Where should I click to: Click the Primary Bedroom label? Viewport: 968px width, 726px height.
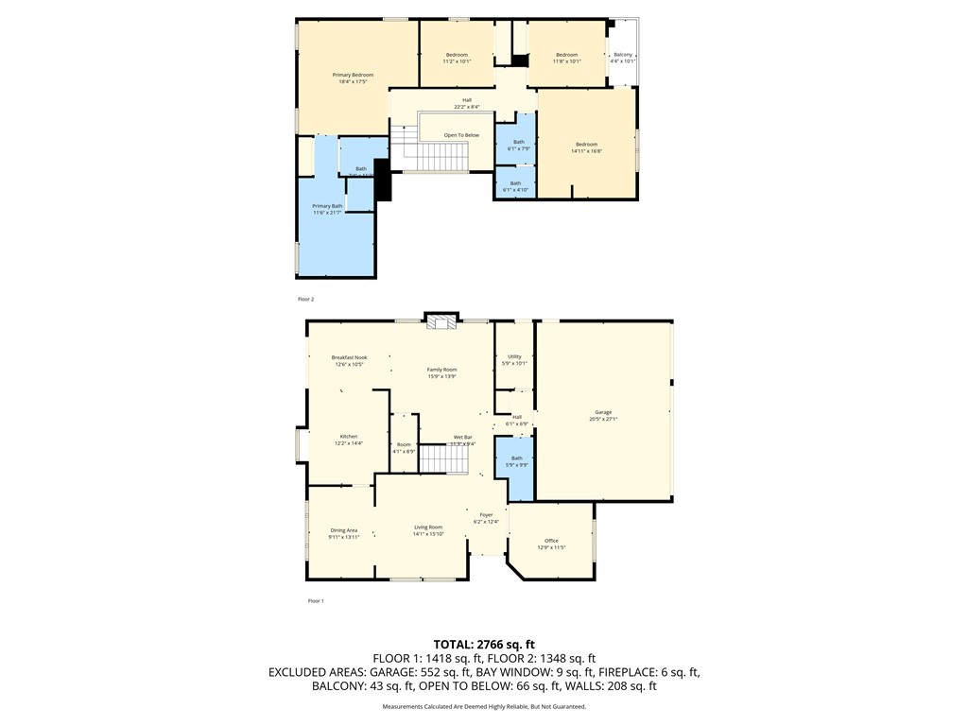pos(353,75)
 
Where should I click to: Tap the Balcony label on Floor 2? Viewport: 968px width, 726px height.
pos(623,55)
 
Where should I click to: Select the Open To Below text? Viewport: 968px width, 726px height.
pos(461,135)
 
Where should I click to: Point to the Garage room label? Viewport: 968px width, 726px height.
pos(603,412)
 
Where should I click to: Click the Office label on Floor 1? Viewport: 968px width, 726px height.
pos(551,541)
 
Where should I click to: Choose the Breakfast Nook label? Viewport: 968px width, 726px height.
pos(349,357)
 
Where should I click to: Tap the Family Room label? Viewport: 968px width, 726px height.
pos(441,370)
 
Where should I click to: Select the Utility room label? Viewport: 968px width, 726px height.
pos(514,356)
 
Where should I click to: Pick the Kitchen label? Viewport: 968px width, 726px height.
pos(349,436)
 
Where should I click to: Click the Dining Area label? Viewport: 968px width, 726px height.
pos(344,530)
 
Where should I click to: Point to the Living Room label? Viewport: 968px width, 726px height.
pos(428,527)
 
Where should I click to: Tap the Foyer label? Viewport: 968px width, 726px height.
pos(485,515)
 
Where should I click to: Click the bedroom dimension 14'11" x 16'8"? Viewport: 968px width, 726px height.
pos(586,150)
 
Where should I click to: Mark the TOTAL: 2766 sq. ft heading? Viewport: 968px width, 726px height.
pos(483,645)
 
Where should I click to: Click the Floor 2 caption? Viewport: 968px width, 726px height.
pos(305,299)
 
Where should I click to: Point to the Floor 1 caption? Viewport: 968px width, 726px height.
pos(316,601)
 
